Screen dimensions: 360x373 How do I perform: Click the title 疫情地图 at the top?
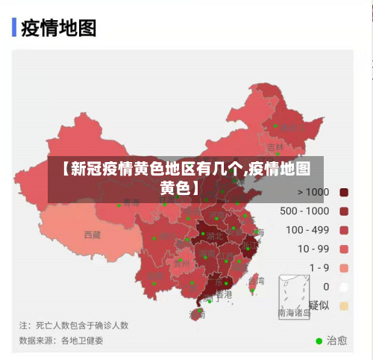(58, 28)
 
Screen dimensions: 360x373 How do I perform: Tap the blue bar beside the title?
(14, 28)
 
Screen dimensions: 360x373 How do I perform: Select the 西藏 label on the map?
(92, 235)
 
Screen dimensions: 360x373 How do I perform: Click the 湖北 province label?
(214, 235)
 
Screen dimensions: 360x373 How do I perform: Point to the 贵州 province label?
(181, 263)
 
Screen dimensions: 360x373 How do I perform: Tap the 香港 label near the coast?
(223, 294)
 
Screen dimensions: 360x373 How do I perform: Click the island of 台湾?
(252, 282)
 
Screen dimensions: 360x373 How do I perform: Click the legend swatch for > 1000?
(344, 192)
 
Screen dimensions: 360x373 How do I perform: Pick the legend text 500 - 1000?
(304, 211)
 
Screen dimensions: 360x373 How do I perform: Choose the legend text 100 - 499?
(307, 230)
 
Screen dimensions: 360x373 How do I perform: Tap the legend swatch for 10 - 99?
(344, 249)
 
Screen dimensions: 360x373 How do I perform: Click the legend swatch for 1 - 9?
(344, 267)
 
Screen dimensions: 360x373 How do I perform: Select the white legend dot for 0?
(344, 286)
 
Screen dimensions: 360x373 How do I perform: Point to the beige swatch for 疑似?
(344, 305)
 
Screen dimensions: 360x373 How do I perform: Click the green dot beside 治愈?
(319, 341)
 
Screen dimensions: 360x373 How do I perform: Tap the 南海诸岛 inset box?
(294, 297)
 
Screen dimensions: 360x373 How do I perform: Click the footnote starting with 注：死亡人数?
(74, 325)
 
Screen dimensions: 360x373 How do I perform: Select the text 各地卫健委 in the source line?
(82, 340)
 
